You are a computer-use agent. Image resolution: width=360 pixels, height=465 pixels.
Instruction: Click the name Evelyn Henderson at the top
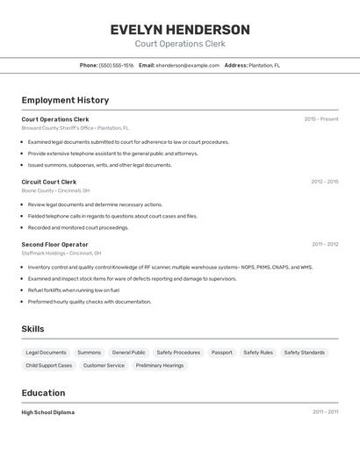tap(180, 29)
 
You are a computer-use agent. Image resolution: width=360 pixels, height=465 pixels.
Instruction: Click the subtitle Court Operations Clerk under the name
tap(180, 44)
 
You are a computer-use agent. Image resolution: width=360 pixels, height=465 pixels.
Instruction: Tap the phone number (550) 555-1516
tap(116, 65)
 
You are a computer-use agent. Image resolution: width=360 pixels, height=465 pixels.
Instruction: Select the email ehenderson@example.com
tap(187, 65)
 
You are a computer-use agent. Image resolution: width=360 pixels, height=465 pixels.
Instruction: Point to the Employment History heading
tap(65, 100)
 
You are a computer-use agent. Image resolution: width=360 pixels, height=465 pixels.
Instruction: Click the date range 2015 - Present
tap(321, 119)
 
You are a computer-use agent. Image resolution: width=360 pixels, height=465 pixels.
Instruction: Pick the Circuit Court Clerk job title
tap(49, 182)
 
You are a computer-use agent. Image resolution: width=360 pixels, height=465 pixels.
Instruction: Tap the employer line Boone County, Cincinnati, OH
tap(55, 190)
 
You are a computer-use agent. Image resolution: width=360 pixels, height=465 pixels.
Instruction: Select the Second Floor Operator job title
tap(54, 244)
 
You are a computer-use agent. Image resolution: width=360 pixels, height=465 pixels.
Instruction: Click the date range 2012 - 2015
tap(324, 182)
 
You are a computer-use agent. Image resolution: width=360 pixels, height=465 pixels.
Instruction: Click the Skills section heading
tap(32, 329)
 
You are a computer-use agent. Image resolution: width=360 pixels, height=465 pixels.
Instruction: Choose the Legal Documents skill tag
tap(46, 353)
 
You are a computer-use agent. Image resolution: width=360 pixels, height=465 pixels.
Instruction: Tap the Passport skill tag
tap(222, 353)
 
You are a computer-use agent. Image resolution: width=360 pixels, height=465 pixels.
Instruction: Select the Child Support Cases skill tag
tap(49, 365)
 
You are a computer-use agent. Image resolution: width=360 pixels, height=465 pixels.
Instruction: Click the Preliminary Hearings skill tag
tap(160, 365)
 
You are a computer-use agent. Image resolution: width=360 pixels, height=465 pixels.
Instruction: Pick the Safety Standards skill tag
tap(305, 353)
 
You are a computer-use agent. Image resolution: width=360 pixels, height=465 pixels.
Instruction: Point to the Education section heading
tap(44, 393)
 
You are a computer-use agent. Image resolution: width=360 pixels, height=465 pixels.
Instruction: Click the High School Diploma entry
tap(48, 412)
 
